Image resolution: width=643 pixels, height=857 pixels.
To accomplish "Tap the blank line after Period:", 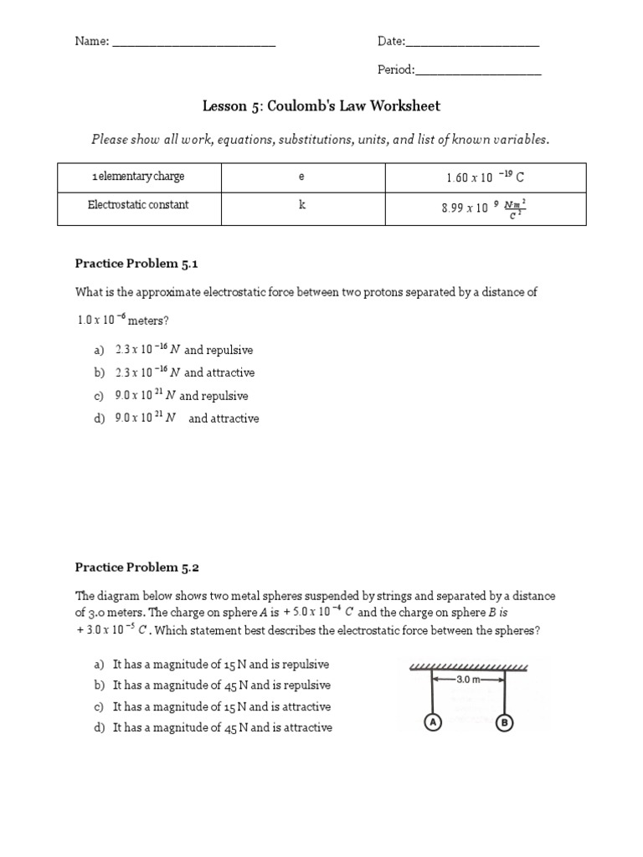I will [x=479, y=72].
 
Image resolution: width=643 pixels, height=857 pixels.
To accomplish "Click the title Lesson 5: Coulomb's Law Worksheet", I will [x=321, y=106].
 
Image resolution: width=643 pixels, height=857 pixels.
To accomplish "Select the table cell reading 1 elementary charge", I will [x=138, y=177].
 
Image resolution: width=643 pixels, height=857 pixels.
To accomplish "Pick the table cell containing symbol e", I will [x=302, y=177].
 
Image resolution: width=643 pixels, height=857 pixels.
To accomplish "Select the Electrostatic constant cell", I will [x=138, y=206].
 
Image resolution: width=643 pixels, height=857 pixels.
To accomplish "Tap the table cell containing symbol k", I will [x=302, y=206].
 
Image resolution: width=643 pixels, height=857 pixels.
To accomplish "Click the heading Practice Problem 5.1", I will [x=136, y=264].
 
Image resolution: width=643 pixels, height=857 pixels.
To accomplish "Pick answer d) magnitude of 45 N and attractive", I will [x=213, y=728].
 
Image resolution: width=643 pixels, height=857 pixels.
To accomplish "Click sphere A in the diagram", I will [x=433, y=722].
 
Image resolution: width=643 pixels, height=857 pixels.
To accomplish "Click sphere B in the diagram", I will [x=505, y=722].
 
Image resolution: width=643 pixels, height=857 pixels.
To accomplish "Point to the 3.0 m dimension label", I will [x=469, y=680].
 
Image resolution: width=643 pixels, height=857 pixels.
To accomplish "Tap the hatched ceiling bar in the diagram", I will [x=469, y=667].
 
